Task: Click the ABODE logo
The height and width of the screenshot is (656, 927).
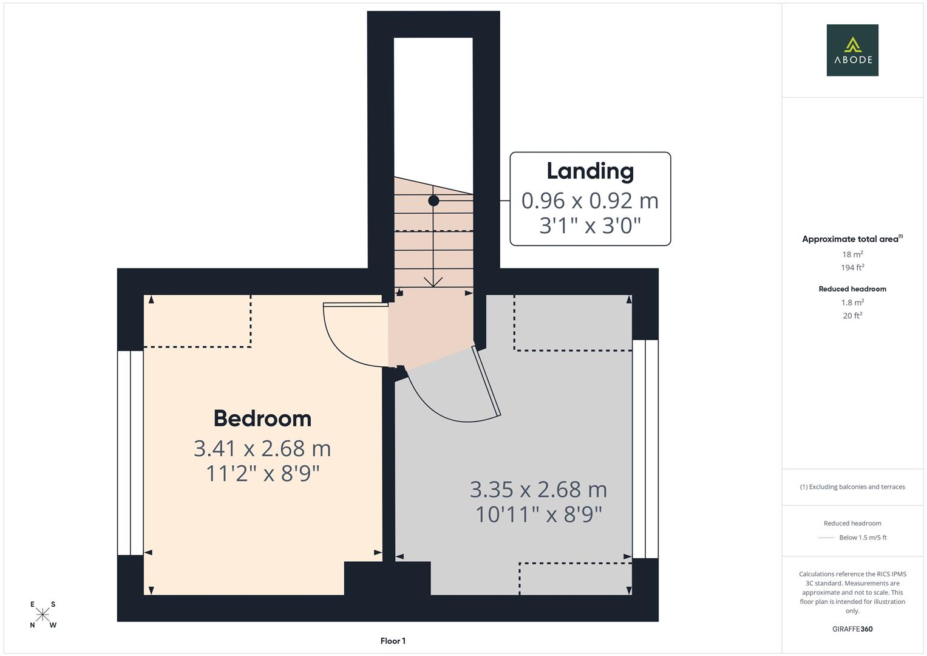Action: click(x=852, y=50)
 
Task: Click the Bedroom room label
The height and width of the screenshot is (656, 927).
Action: click(x=262, y=419)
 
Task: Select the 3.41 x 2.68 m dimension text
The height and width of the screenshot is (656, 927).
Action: click(x=262, y=448)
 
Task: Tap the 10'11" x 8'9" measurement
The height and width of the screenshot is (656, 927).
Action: click(x=538, y=514)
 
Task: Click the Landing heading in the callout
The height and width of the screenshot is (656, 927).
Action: click(x=590, y=171)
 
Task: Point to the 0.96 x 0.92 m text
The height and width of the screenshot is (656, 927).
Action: click(x=590, y=200)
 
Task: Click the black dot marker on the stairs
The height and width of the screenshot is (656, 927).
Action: click(x=433, y=200)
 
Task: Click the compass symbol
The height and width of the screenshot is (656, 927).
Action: click(x=42, y=615)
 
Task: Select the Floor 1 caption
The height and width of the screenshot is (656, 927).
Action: click(x=393, y=641)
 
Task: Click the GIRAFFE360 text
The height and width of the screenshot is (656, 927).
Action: click(x=852, y=629)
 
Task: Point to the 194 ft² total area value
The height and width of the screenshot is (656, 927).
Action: click(x=852, y=267)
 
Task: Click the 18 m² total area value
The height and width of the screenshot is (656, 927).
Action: click(x=852, y=255)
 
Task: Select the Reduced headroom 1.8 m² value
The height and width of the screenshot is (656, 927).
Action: click(x=852, y=302)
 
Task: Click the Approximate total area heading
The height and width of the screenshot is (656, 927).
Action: click(x=852, y=239)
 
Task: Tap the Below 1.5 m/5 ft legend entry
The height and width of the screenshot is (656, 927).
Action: click(x=862, y=538)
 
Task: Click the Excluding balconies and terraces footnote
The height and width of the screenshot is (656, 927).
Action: click(x=852, y=487)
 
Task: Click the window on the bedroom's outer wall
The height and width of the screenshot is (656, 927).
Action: click(x=130, y=453)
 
